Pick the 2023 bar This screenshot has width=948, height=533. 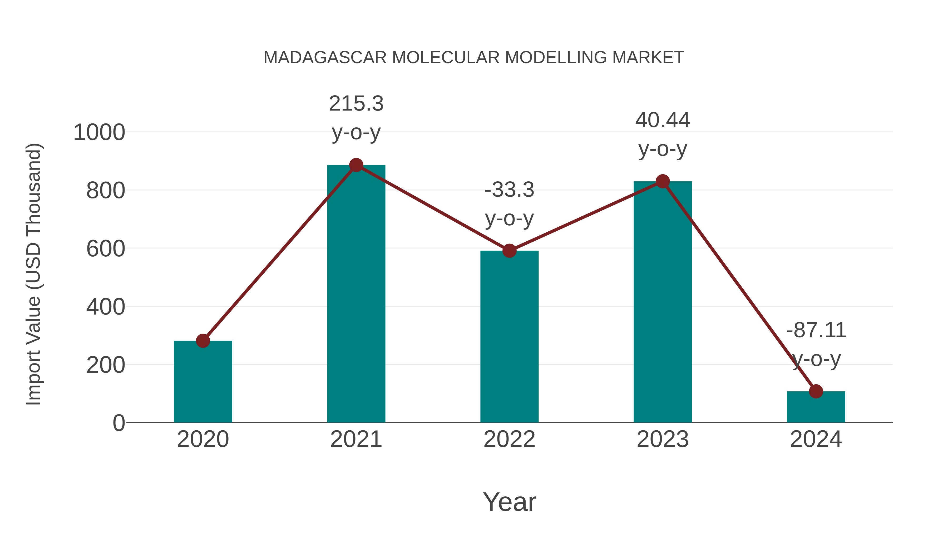(x=663, y=302)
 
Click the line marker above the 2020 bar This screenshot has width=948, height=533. (x=203, y=341)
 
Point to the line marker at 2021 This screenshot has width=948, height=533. (x=356, y=165)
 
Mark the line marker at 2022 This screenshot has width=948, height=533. (x=509, y=251)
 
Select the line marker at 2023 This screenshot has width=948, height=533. (x=663, y=181)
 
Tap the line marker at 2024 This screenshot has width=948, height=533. (x=816, y=391)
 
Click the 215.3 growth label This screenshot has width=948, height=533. (x=356, y=103)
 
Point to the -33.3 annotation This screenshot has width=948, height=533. (x=509, y=190)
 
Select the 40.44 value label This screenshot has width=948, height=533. (x=663, y=120)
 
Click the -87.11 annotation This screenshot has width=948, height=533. (x=816, y=330)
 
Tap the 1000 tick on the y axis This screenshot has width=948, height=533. (x=99, y=132)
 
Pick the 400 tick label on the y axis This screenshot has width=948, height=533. (x=106, y=307)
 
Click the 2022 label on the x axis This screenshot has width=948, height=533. (x=509, y=439)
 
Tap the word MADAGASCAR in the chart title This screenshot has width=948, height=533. (x=325, y=58)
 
